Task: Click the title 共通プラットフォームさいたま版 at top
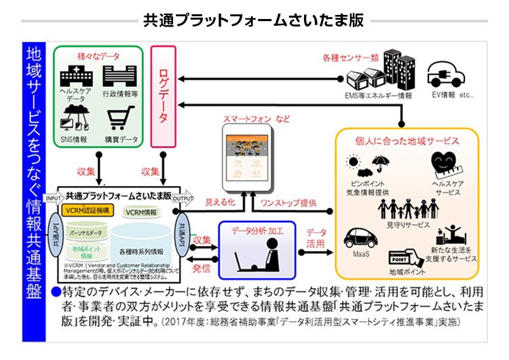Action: click(x=254, y=20)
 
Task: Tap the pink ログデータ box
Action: click(x=163, y=94)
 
